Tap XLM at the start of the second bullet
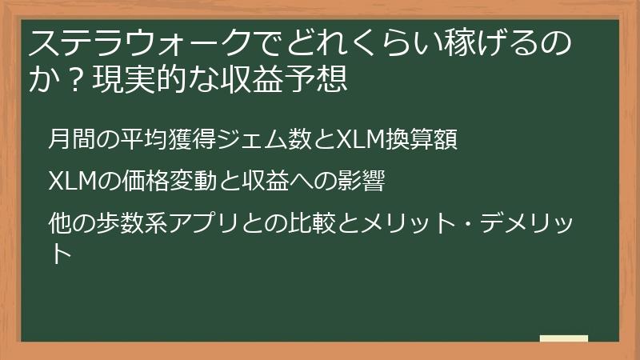[69, 182]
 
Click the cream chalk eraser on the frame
[563, 339]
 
